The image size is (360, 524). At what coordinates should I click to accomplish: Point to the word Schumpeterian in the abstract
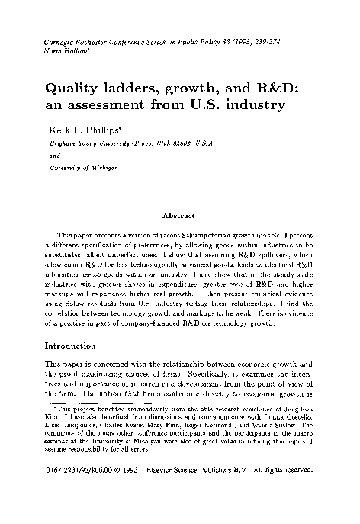coord(161,235)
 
